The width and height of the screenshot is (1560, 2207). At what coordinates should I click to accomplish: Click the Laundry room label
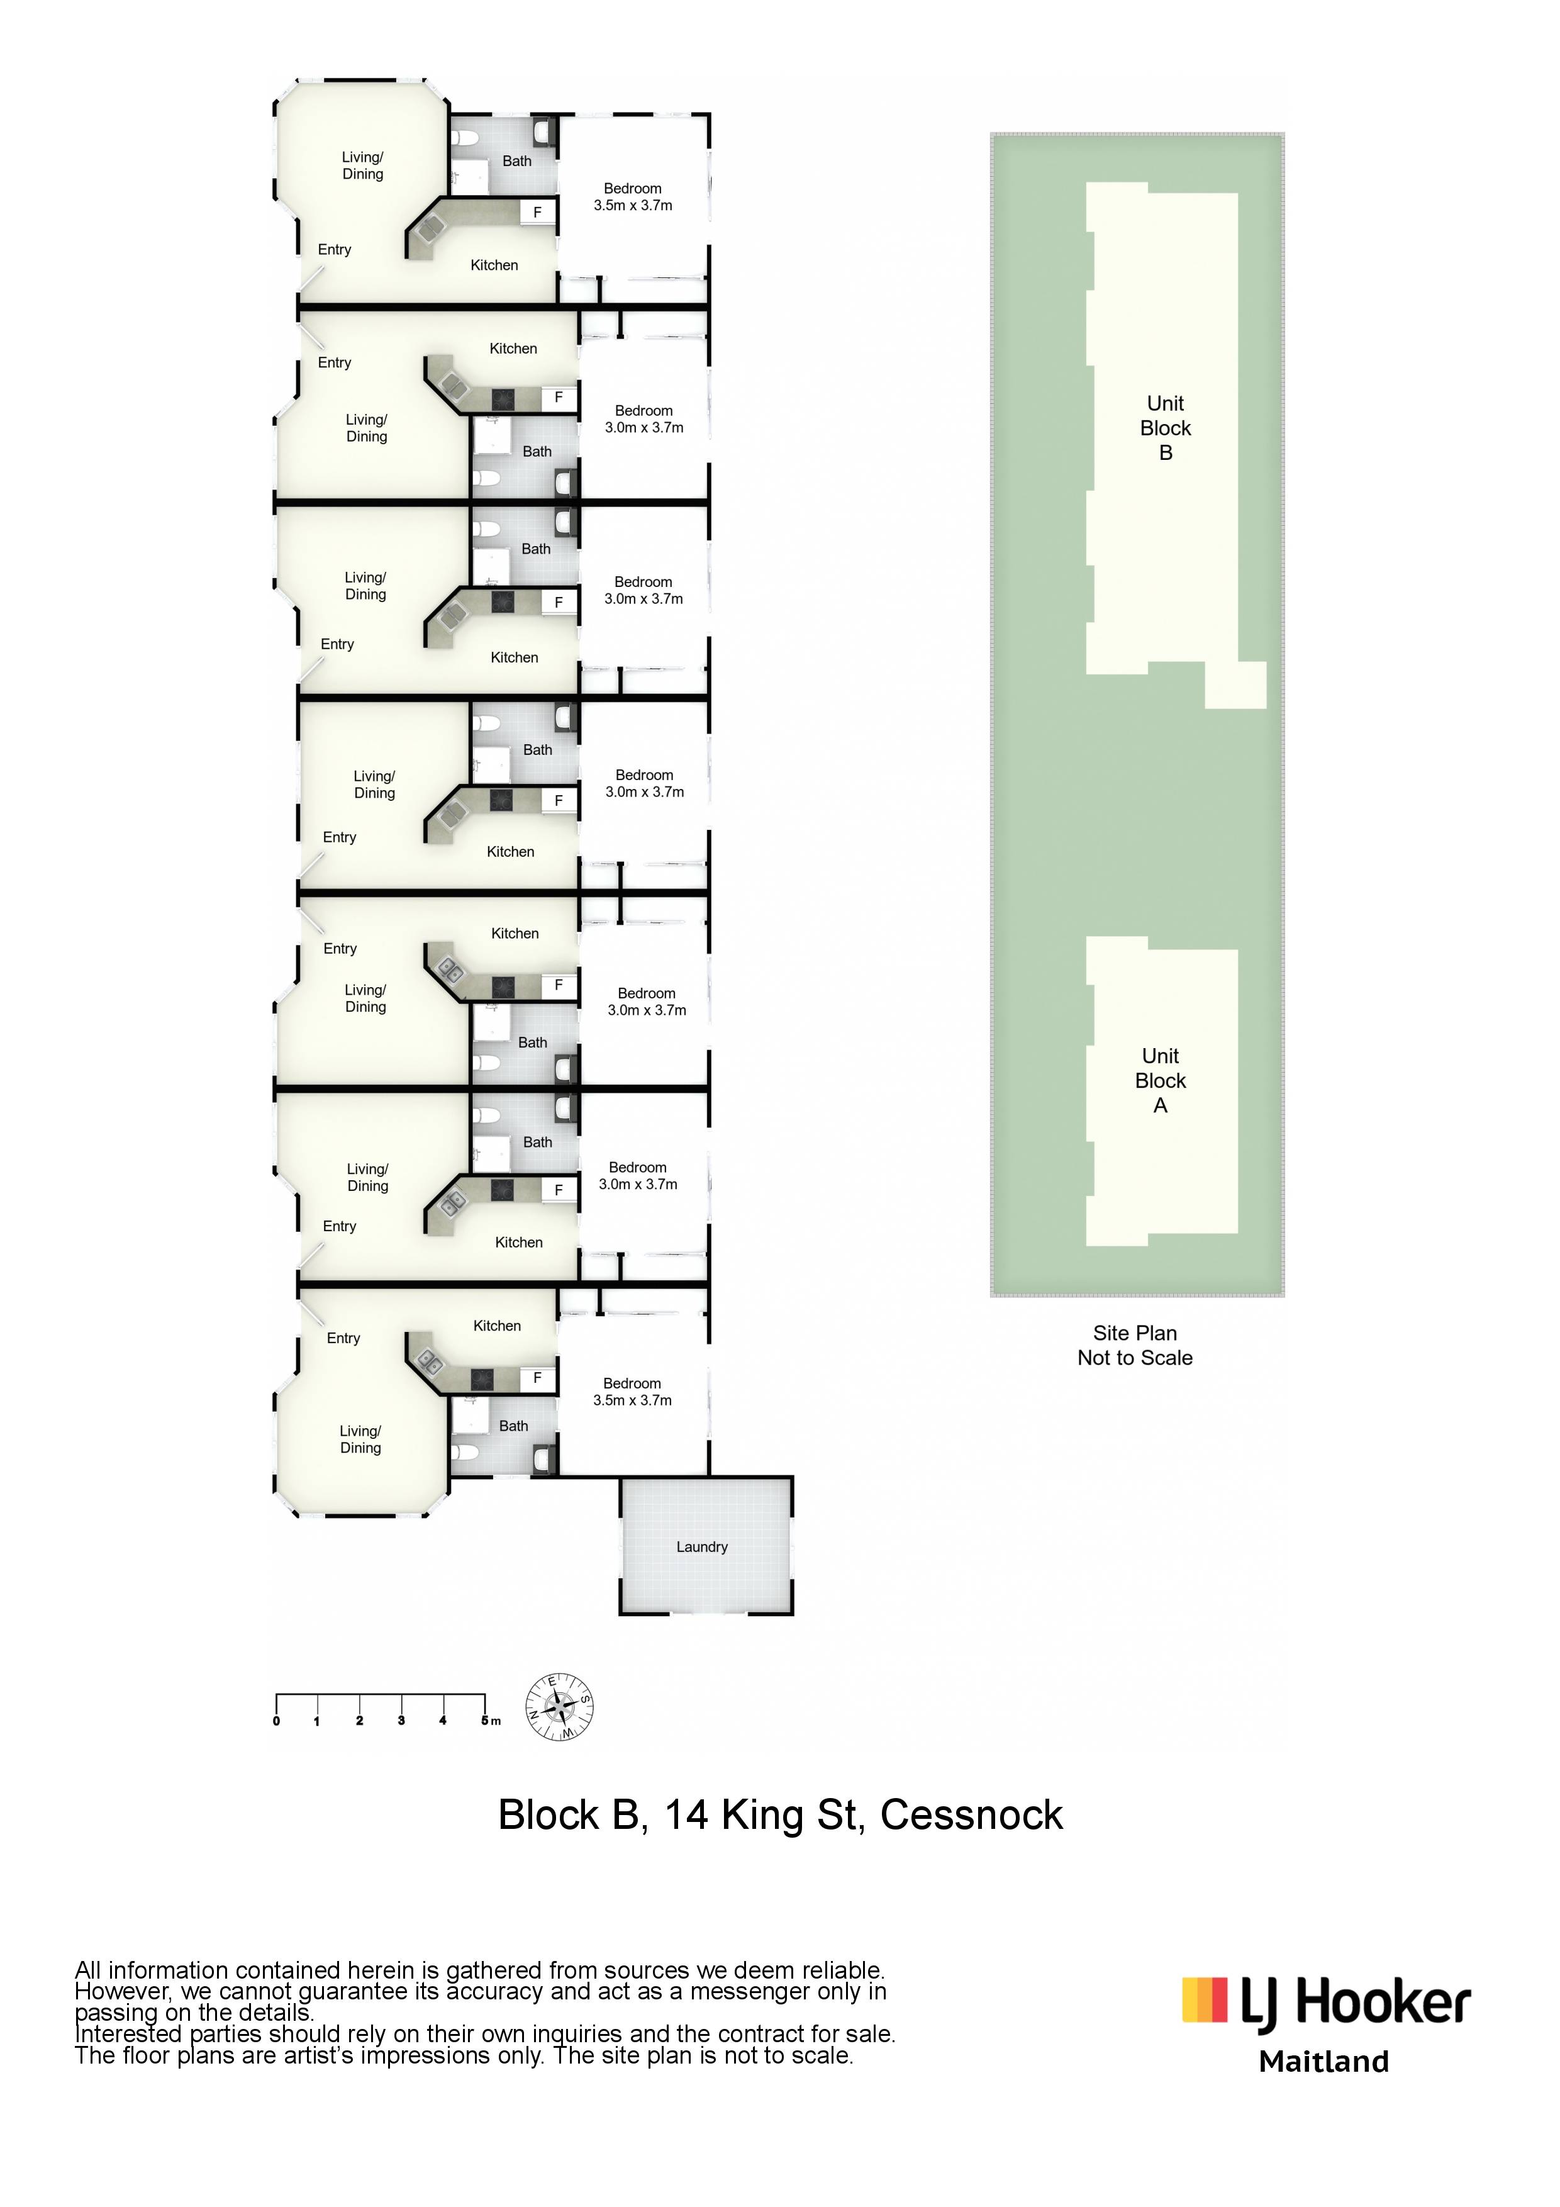pyautogui.click(x=701, y=1546)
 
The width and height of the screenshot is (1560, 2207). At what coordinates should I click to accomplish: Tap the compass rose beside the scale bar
pyautogui.click(x=559, y=1707)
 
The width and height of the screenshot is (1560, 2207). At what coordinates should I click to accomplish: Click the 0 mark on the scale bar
pyautogui.click(x=277, y=1721)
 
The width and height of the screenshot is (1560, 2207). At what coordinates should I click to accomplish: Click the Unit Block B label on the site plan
pyautogui.click(x=1165, y=428)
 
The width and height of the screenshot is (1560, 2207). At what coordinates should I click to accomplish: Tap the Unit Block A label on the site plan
pyautogui.click(x=1160, y=1080)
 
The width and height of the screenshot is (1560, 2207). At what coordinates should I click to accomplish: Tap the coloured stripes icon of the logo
pyautogui.click(x=1205, y=2001)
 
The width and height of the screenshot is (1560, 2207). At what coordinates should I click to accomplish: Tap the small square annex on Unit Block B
pyautogui.click(x=1236, y=685)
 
